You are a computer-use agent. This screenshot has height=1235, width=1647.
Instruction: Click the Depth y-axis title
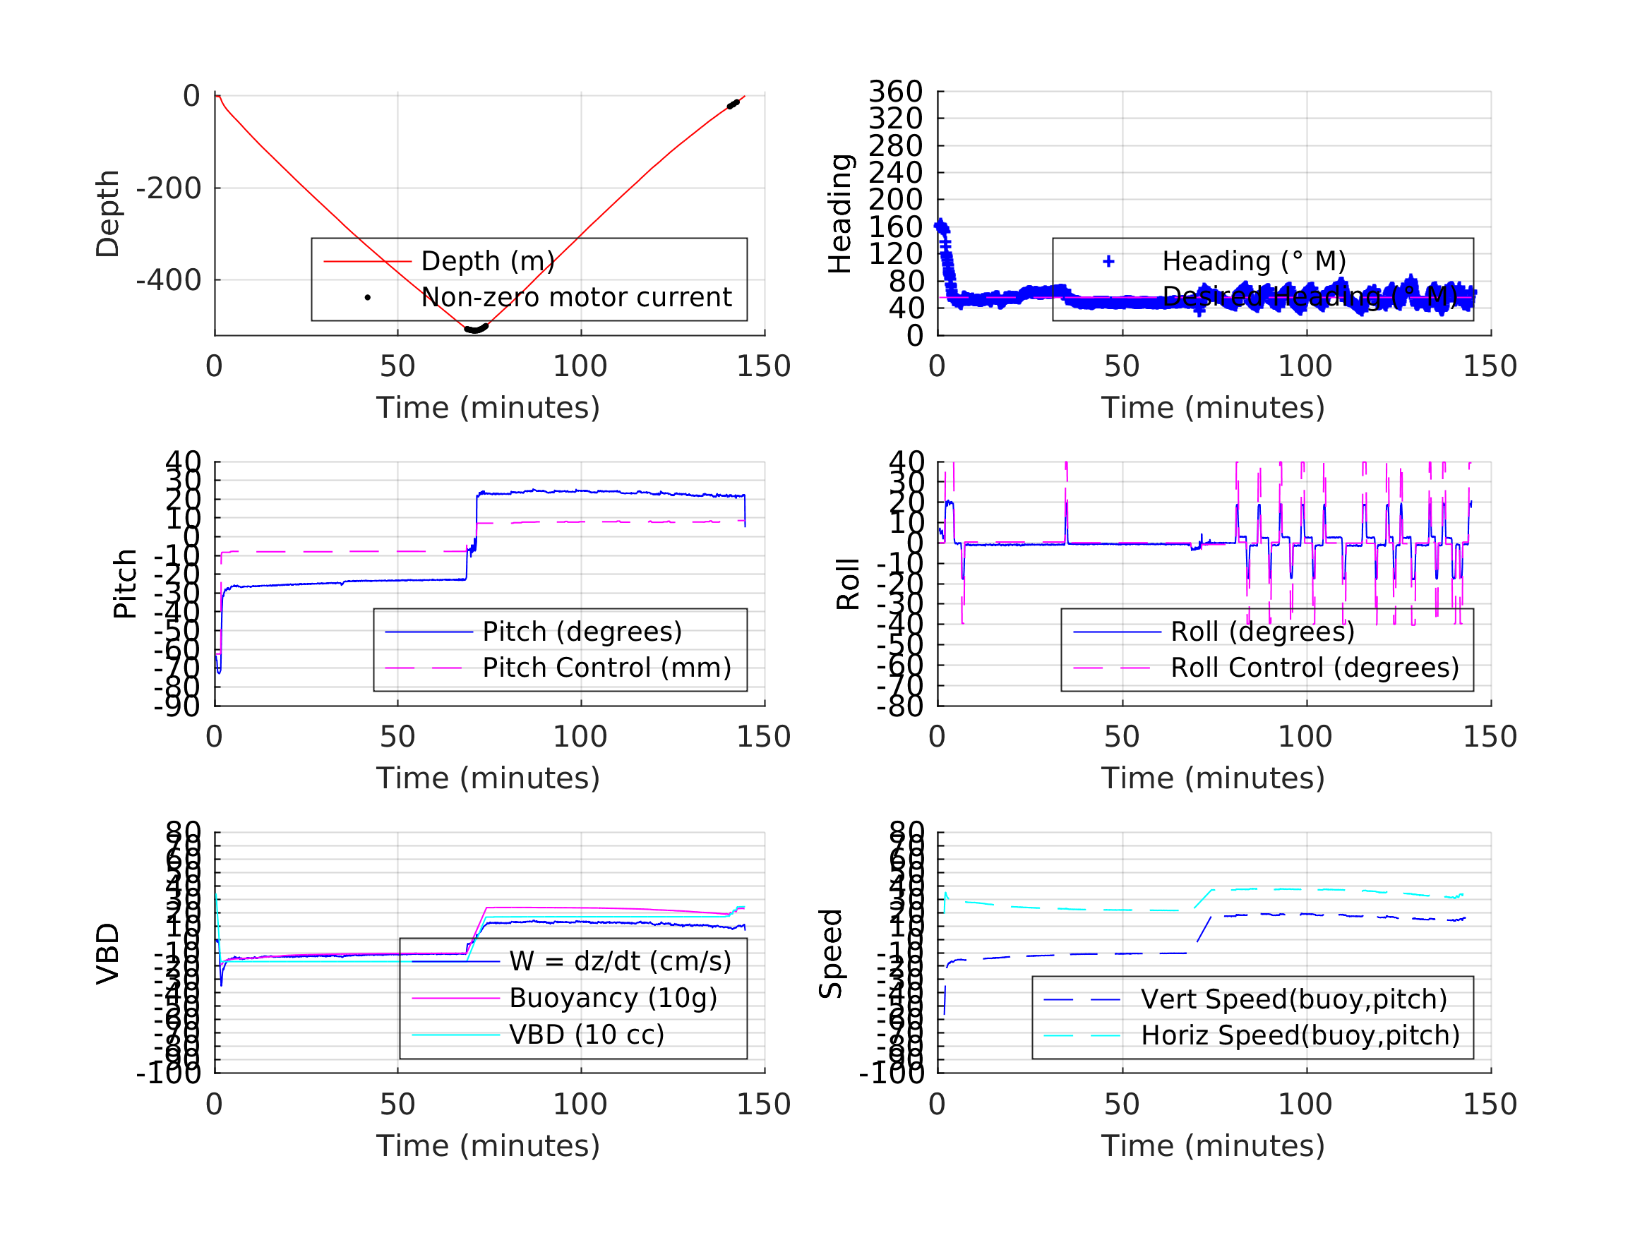[108, 215]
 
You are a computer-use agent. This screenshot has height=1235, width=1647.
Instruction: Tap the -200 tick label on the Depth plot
[168, 188]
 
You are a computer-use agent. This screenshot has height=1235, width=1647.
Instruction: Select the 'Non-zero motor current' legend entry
[575, 298]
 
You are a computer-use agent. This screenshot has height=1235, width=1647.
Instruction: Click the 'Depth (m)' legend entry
[488, 261]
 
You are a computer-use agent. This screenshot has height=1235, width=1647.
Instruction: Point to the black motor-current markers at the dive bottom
[476, 328]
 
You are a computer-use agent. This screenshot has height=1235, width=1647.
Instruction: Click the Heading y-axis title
[840, 215]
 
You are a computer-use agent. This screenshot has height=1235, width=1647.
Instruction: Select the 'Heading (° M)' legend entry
[1254, 261]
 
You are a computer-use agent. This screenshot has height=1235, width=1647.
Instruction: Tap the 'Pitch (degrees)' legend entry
[582, 632]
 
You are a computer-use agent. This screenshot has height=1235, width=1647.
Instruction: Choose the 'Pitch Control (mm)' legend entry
[606, 668]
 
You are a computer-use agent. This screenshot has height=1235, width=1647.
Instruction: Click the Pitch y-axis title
[125, 584]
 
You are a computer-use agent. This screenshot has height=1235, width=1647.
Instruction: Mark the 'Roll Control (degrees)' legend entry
[1314, 668]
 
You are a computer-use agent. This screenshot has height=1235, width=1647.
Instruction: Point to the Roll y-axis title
[848, 584]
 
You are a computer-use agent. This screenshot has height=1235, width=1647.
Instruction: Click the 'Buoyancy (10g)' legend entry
[613, 999]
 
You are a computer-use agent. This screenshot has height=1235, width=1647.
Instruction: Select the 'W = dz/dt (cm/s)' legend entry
[620, 962]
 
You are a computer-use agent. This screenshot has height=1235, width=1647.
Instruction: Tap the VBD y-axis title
[108, 954]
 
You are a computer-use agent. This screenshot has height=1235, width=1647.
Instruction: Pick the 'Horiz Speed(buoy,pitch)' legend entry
[1300, 1035]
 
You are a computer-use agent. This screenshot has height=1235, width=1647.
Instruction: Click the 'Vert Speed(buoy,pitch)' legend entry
[1293, 999]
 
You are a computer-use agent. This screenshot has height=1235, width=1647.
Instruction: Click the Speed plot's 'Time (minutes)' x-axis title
[1213, 1145]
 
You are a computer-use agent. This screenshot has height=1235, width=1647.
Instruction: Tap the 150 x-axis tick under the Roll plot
[1489, 737]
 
